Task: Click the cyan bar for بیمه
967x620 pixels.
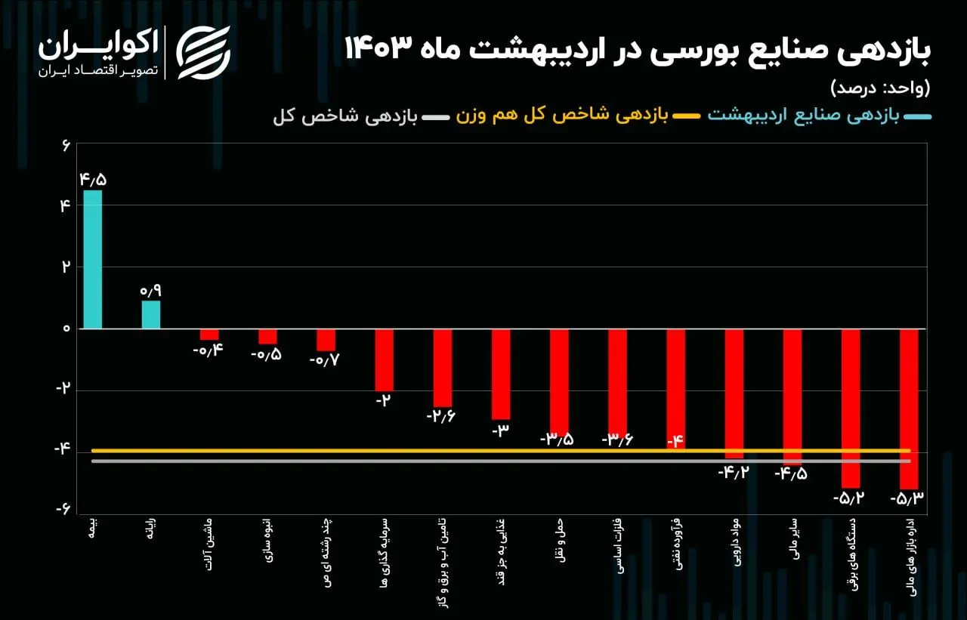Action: tap(92, 259)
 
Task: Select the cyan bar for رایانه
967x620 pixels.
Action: tap(150, 315)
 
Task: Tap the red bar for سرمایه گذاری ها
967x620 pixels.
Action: tap(384, 359)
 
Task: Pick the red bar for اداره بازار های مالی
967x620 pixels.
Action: tap(909, 409)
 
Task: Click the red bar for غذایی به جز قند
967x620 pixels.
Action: tap(500, 374)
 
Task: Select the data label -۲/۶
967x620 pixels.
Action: tap(442, 416)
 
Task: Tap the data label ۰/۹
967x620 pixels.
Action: tap(150, 290)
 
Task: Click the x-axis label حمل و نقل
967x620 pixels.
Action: tap(560, 535)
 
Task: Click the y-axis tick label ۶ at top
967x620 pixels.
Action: tap(66, 144)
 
